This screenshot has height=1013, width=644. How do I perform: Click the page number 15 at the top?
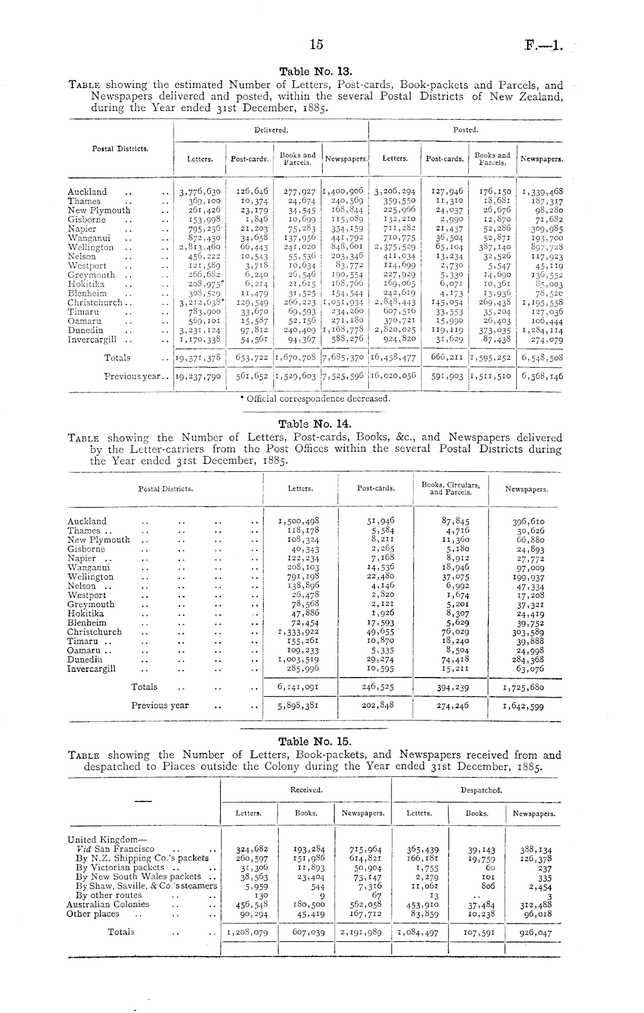tap(316, 45)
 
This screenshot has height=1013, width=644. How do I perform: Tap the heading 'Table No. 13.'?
tap(315, 72)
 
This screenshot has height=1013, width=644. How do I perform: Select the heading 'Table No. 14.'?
tap(315, 424)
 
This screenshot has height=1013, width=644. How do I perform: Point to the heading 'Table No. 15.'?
tap(315, 741)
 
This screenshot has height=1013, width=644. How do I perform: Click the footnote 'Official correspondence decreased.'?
tap(315, 398)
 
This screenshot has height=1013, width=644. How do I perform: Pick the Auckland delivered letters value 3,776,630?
tap(200, 192)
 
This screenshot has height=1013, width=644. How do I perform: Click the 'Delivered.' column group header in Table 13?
tap(271, 130)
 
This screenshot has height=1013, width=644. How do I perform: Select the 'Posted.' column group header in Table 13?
tap(465, 130)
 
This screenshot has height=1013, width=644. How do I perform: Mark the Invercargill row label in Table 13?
tap(92, 340)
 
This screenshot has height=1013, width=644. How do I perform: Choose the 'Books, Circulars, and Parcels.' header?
tap(450, 489)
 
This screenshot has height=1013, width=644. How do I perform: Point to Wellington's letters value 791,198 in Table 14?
tap(299, 577)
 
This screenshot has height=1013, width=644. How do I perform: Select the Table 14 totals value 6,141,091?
tap(298, 687)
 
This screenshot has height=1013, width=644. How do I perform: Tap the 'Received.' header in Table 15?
tap(306, 790)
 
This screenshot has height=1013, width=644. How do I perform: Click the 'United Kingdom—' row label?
tap(99, 840)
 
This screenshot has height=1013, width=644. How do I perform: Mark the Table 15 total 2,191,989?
tap(362, 933)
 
